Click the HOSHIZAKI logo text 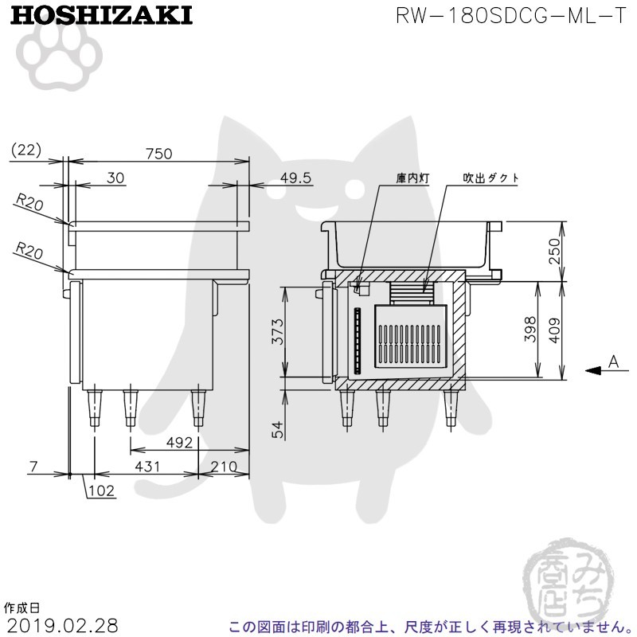(x=101, y=16)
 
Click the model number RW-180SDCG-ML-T (x=511, y=16)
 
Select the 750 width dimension (x=159, y=154)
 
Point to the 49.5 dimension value (x=295, y=178)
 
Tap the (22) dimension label (x=26, y=150)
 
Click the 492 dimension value (x=179, y=442)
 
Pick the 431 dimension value (x=147, y=467)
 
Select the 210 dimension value (x=224, y=467)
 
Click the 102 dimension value (x=101, y=490)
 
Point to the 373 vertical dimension (x=278, y=331)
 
